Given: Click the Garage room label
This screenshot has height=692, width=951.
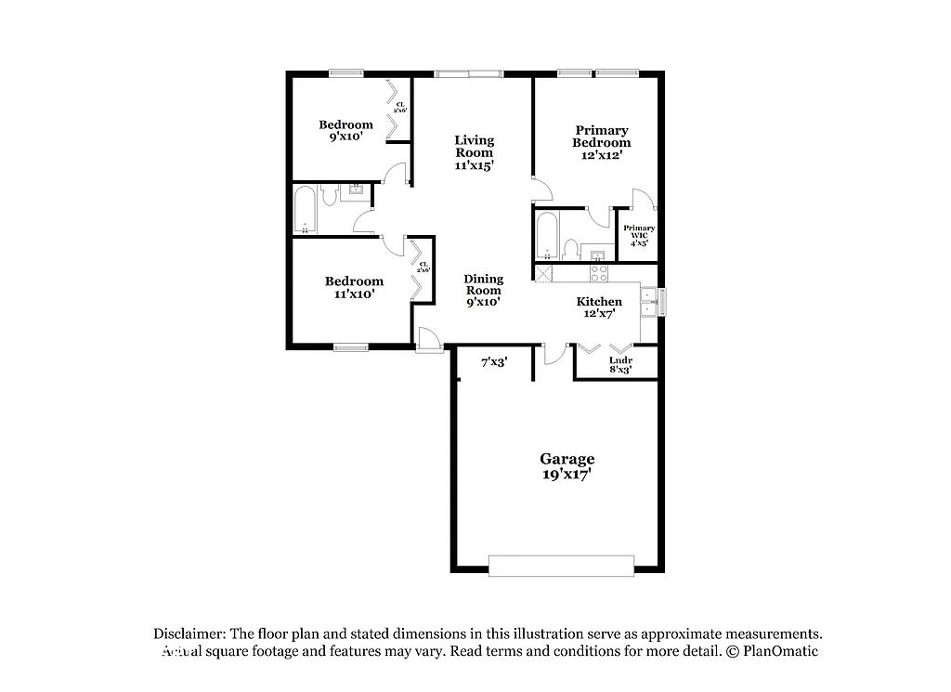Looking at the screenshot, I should (567, 459).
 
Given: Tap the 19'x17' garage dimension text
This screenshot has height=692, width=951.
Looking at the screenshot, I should (567, 474).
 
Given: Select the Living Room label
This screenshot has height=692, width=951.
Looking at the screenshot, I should (474, 146).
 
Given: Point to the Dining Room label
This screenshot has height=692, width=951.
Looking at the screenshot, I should (484, 284).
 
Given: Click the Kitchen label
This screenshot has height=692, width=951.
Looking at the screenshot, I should (599, 302).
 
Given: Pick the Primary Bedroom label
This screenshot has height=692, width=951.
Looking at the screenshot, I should (601, 137).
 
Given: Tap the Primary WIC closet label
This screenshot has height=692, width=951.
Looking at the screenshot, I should (639, 232).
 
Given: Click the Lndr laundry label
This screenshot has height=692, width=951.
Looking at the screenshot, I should (620, 360).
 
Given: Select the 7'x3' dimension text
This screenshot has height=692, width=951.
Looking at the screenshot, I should (493, 362).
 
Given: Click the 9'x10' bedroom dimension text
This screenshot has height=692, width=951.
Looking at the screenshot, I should (345, 137).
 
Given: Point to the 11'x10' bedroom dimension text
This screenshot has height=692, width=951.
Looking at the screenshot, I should (353, 294).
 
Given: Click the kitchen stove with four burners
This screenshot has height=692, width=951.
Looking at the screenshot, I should (599, 273).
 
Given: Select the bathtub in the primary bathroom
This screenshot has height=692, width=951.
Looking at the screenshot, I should (547, 236).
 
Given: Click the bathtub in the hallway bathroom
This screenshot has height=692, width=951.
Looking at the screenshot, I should (305, 212).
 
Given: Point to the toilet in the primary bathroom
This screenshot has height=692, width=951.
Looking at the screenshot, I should (572, 248).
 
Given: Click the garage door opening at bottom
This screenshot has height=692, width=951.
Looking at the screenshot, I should (562, 566).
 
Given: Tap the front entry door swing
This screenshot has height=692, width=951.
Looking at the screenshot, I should (429, 340).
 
